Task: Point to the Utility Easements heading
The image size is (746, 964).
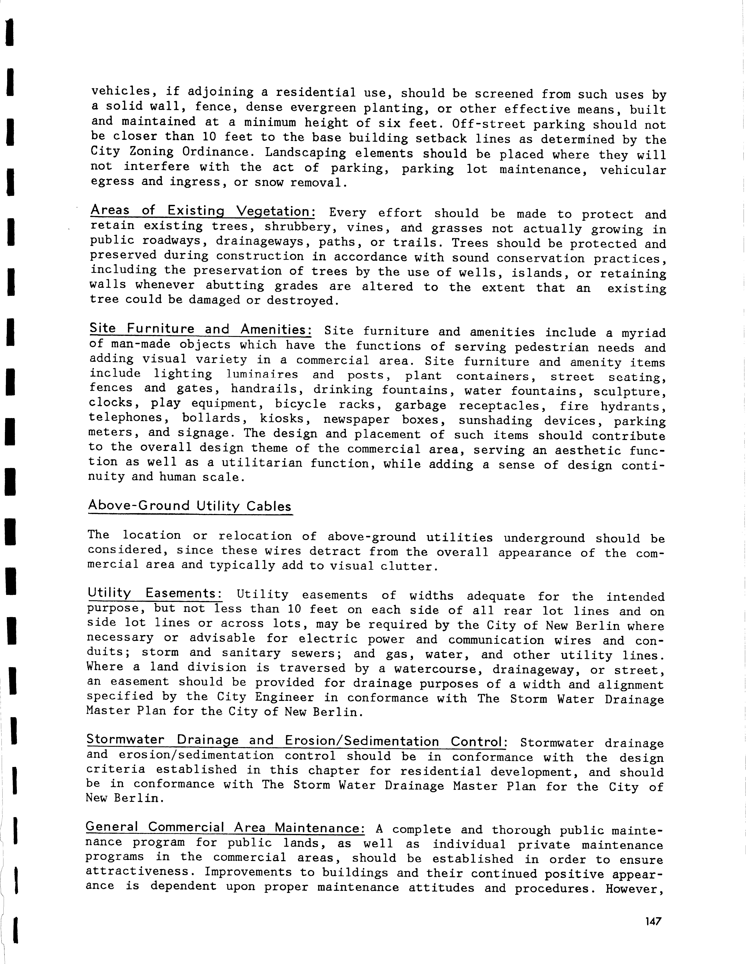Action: (154, 593)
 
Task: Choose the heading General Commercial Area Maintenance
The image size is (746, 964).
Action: (225, 827)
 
